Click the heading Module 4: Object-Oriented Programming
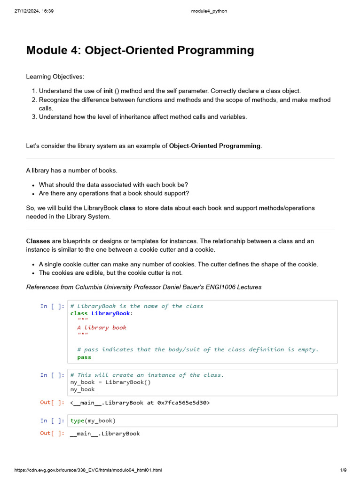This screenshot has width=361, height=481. [x=140, y=50]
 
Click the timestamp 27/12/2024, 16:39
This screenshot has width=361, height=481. [x=34, y=11]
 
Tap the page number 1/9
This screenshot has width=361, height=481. [x=343, y=470]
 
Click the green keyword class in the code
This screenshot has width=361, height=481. [x=79, y=313]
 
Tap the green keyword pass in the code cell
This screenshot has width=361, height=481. [x=84, y=357]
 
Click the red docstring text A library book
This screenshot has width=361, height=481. [x=102, y=328]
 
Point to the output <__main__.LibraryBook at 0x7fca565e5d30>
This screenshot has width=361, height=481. [x=140, y=403]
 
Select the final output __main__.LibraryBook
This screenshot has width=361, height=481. [x=104, y=434]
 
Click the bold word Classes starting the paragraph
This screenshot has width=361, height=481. [x=38, y=241]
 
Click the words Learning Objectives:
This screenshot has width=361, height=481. [x=55, y=77]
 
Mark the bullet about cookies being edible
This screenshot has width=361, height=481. [x=110, y=273]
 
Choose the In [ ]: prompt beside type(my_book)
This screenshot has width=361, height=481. [x=52, y=420]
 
